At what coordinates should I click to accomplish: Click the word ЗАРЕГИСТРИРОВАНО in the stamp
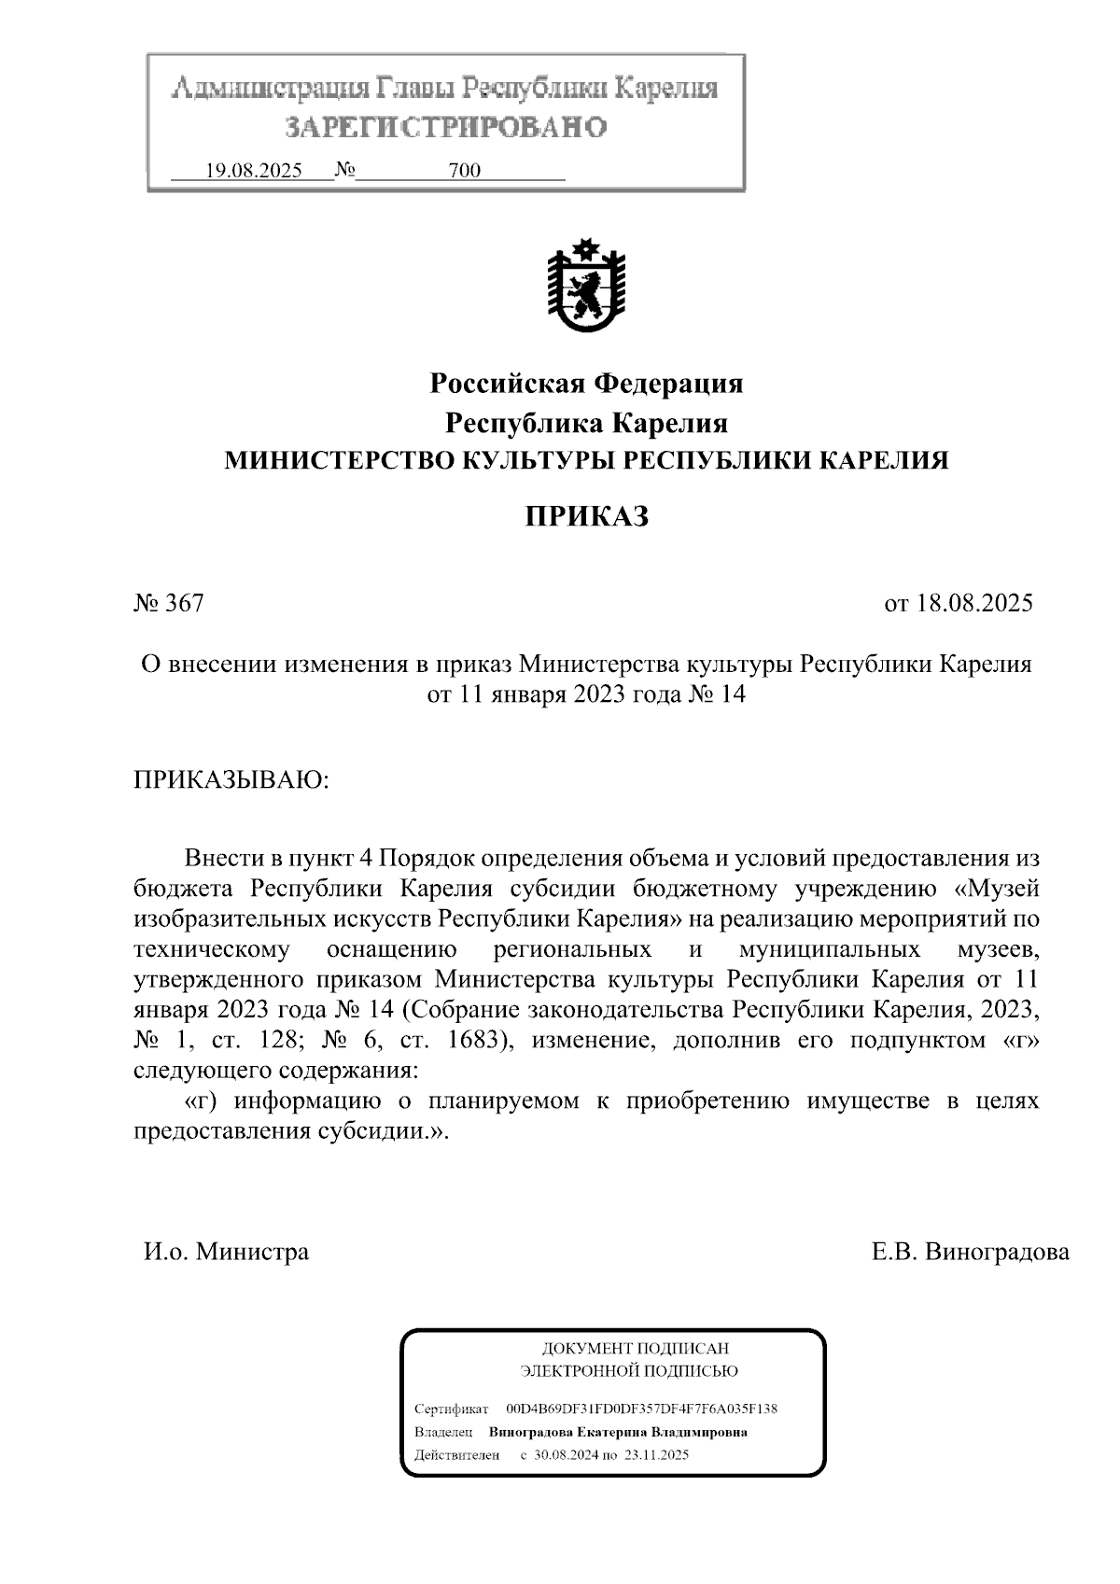[x=445, y=127]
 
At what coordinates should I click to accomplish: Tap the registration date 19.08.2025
[x=253, y=171]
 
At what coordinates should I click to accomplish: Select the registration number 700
[x=465, y=171]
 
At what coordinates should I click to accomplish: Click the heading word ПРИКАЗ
[x=585, y=517]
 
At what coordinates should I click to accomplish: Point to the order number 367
[x=184, y=603]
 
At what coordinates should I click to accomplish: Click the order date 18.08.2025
[x=974, y=603]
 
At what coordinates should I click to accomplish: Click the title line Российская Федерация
[x=585, y=384]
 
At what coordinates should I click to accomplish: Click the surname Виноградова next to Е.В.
[x=997, y=1252]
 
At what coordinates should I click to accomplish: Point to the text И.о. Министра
[x=226, y=1252]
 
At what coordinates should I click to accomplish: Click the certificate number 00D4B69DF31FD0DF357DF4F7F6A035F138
[x=641, y=1409]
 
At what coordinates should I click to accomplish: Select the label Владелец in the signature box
[x=443, y=1432]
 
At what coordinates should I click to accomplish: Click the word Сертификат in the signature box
[x=451, y=1409]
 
